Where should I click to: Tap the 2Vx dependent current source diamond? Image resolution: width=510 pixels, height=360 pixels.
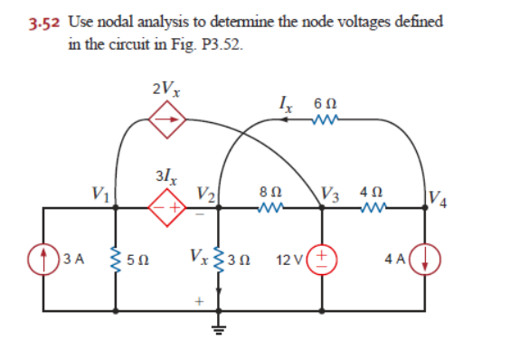tap(168, 117)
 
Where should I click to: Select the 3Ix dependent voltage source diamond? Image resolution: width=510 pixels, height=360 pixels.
tap(167, 206)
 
